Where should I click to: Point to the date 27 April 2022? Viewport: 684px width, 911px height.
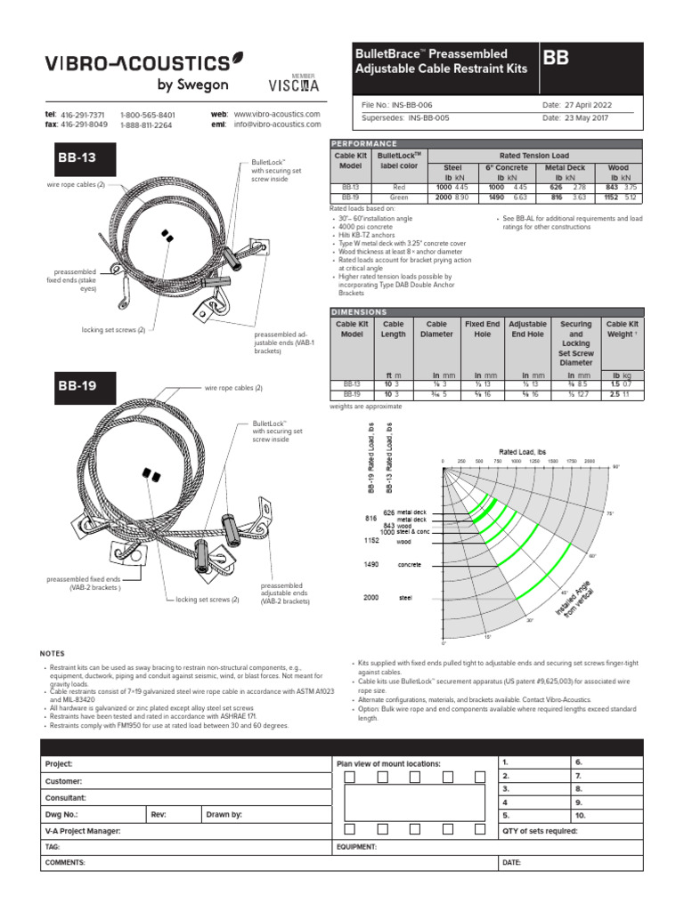coord(587,104)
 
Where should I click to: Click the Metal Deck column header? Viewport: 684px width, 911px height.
coord(566,167)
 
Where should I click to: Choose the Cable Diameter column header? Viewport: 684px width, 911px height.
coord(436,330)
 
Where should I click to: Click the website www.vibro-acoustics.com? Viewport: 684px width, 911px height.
coord(276,115)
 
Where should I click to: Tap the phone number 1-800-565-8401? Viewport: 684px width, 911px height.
coord(148,116)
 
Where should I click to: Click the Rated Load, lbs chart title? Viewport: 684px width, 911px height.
coord(527,452)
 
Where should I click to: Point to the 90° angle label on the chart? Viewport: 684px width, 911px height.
coord(615,466)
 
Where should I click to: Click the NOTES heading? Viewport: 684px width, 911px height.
coord(53,654)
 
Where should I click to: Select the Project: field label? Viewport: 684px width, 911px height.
coord(59,763)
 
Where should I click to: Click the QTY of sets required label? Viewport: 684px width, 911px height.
coord(540,831)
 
